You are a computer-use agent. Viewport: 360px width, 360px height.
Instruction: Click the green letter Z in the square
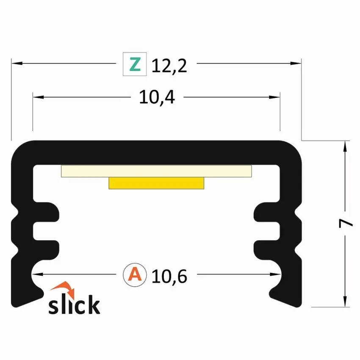pyautogui.click(x=135, y=64)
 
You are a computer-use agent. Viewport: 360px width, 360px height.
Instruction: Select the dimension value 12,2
pyautogui.click(x=169, y=66)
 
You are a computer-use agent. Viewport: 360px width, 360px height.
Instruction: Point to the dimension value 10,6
pyautogui.click(x=169, y=276)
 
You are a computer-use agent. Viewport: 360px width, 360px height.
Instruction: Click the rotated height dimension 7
pyautogui.click(x=346, y=223)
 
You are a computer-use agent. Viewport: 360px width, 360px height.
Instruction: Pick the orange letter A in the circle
pyautogui.click(x=135, y=274)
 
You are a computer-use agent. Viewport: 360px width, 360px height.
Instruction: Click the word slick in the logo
pyautogui.click(x=74, y=304)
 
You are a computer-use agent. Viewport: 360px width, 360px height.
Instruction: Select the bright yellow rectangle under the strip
pyautogui.click(x=156, y=183)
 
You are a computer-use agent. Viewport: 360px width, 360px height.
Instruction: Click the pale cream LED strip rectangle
pyautogui.click(x=156, y=171)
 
